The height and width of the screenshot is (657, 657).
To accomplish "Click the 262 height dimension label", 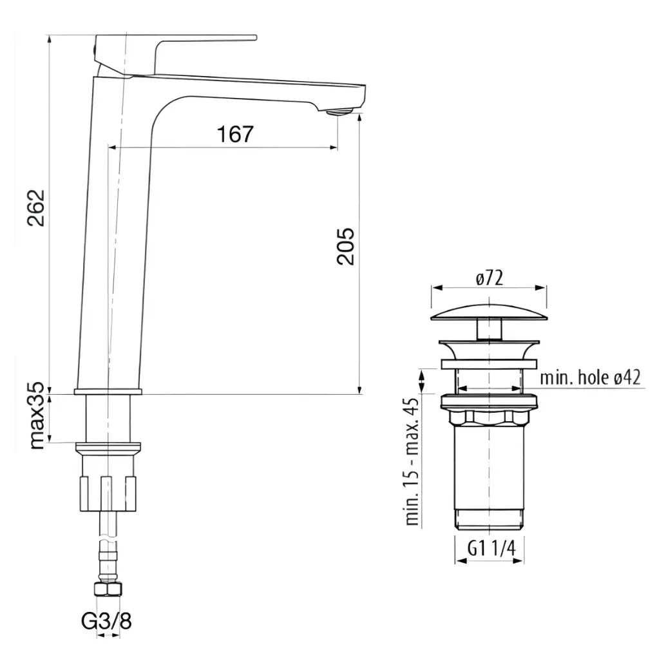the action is pos(37,208).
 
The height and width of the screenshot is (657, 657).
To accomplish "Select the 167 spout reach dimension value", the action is pos(235,134).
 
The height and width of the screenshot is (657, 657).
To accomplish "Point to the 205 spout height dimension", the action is pos(345,246).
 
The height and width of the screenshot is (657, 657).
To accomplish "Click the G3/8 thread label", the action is pos(106,622).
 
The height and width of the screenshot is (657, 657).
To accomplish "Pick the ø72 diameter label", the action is pos(490,278).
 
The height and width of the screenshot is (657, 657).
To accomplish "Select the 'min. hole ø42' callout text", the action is pos(591,377).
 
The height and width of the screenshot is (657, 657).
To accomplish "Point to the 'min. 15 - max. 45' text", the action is pos(412,462).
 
